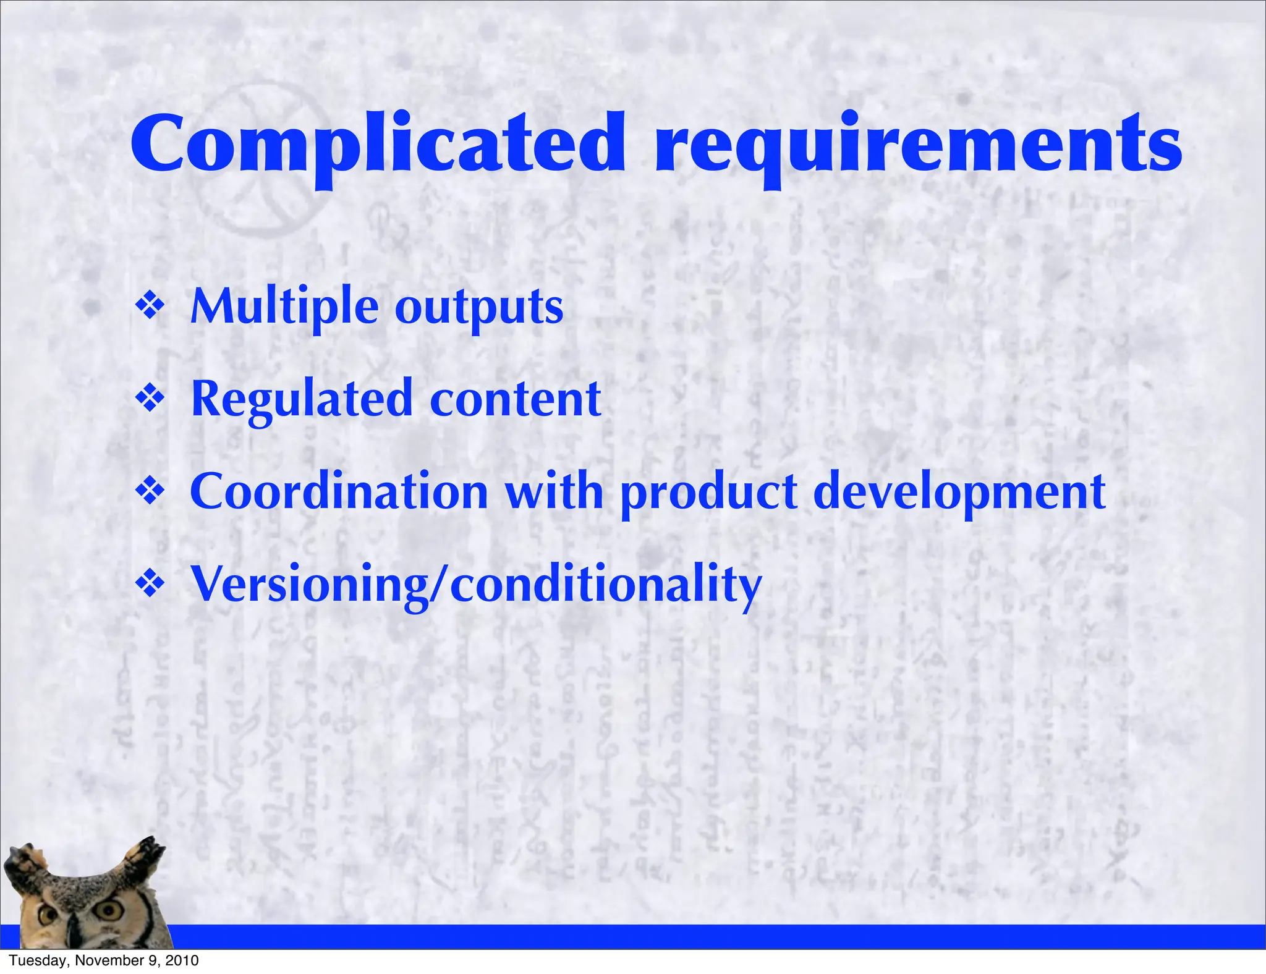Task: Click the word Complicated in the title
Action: click(x=377, y=145)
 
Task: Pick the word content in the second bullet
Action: click(x=515, y=400)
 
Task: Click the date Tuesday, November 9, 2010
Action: click(x=104, y=960)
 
